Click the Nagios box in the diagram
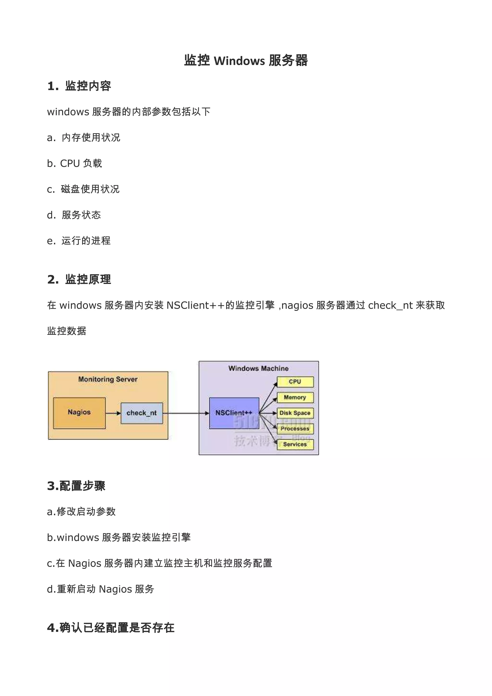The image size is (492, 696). point(79,413)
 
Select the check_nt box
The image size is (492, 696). point(141,413)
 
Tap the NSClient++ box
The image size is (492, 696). point(234,413)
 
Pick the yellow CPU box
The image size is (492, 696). point(295,382)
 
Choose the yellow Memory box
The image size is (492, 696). point(295,398)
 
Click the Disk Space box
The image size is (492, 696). point(295,413)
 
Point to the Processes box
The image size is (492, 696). point(295,429)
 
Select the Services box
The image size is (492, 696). point(295,444)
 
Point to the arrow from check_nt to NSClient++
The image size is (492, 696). point(186,413)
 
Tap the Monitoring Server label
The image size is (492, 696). point(108,379)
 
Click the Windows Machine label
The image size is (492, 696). point(258,368)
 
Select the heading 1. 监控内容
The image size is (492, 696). point(79,86)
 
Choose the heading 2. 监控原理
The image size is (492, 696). point(79,279)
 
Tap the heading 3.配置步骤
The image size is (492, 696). point(76,486)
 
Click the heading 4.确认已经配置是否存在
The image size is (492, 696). point(111,628)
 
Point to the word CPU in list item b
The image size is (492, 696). point(70,163)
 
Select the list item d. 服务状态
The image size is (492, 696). point(74,215)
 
